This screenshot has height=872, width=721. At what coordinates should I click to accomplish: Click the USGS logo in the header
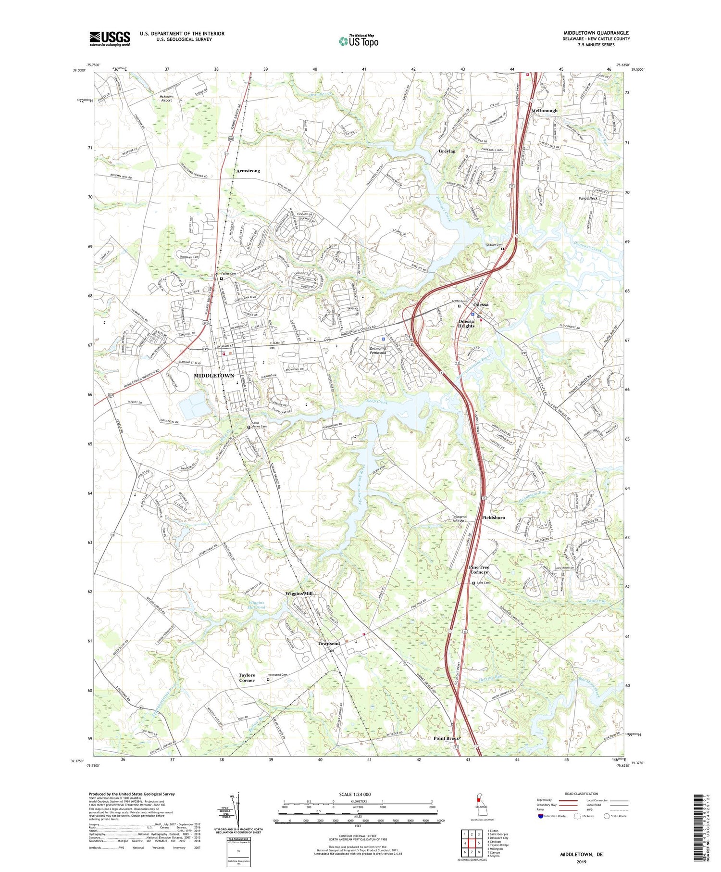[x=110, y=38]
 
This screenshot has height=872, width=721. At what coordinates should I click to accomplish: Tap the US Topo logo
[x=358, y=41]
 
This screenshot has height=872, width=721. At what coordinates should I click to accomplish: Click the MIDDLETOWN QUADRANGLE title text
[x=596, y=33]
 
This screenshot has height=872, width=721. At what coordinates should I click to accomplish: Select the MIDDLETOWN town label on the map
[x=213, y=376]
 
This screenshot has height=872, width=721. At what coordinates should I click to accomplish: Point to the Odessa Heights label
[x=466, y=324]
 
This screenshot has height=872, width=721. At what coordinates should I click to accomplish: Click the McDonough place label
[x=545, y=111]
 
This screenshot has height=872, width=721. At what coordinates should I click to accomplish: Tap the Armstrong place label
[x=248, y=171]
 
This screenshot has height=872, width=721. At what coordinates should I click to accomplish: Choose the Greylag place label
[x=447, y=152]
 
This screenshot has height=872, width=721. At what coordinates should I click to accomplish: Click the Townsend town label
[x=329, y=644]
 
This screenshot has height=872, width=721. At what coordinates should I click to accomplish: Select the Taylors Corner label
[x=247, y=678]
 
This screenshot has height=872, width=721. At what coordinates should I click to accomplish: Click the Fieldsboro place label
[x=493, y=518]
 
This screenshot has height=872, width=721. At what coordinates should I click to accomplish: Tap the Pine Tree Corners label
[x=479, y=569]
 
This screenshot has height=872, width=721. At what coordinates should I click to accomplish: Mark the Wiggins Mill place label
[x=298, y=594]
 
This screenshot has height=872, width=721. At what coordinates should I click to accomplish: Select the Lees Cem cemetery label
[x=483, y=583]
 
